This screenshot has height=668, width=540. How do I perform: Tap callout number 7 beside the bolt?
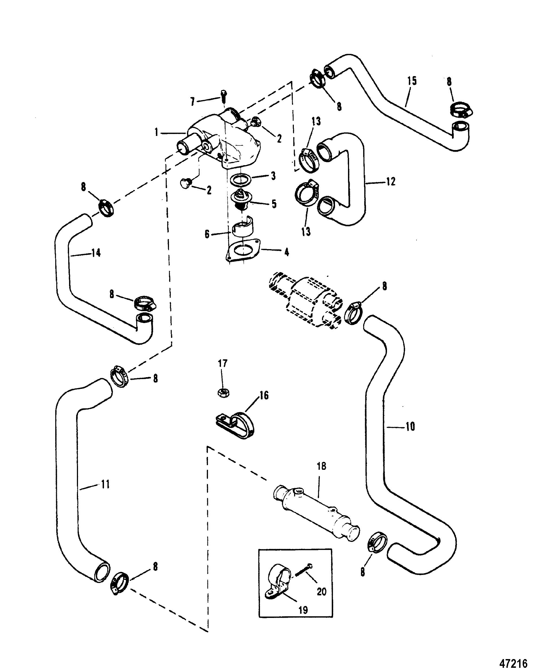click(193, 101)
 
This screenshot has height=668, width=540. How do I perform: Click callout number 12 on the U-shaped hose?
click(391, 181)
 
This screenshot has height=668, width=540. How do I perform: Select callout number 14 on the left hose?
click(96, 253)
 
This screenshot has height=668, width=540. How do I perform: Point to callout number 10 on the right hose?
click(410, 426)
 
